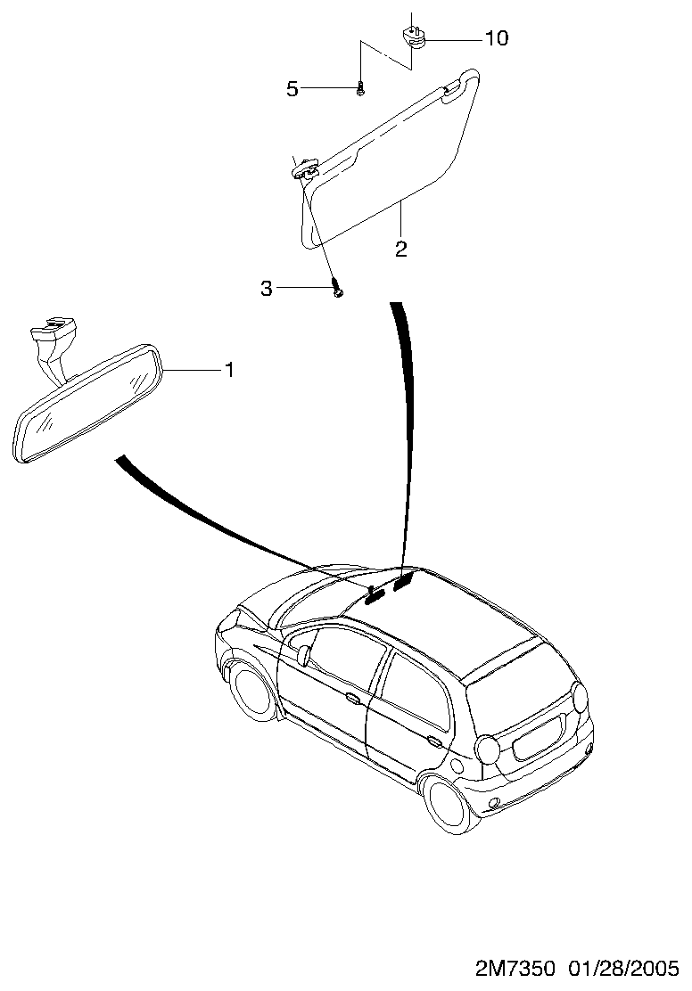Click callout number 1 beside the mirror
pyautogui.click(x=229, y=369)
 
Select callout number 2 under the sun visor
pyautogui.click(x=400, y=249)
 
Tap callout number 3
pyautogui.click(x=267, y=288)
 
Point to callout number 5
pyautogui.click(x=292, y=89)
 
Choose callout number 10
pyautogui.click(x=497, y=38)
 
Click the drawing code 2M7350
pyautogui.click(x=515, y=968)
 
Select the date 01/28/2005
pyautogui.click(x=623, y=968)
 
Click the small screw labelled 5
pyautogui.click(x=360, y=90)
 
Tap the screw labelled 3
pyautogui.click(x=338, y=291)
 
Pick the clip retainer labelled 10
pyautogui.click(x=413, y=37)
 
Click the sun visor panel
pyautogui.click(x=389, y=158)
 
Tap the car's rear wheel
pyautogui.click(x=453, y=806)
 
